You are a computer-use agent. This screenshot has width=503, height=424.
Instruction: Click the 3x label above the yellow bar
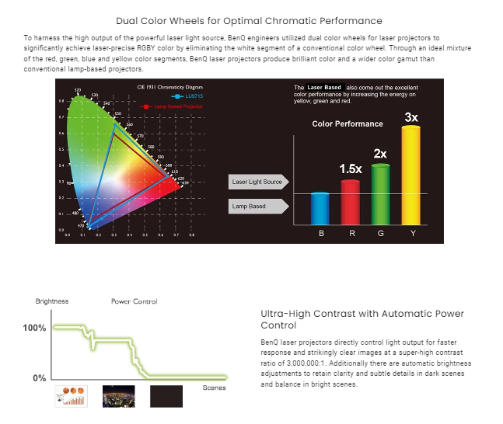(x=411, y=117)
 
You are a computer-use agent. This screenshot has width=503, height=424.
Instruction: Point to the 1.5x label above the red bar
(x=351, y=168)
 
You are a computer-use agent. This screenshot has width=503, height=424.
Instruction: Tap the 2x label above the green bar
(x=380, y=153)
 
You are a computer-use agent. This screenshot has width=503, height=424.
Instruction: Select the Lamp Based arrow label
(x=253, y=206)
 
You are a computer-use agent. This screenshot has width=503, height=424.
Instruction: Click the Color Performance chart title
(x=348, y=123)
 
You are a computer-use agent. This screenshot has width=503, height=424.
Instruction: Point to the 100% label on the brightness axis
(x=35, y=328)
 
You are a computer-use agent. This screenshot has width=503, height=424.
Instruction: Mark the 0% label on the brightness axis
(x=38, y=378)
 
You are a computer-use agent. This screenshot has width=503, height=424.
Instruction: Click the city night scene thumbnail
(x=118, y=396)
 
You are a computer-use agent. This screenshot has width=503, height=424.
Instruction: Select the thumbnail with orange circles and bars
(x=69, y=396)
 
